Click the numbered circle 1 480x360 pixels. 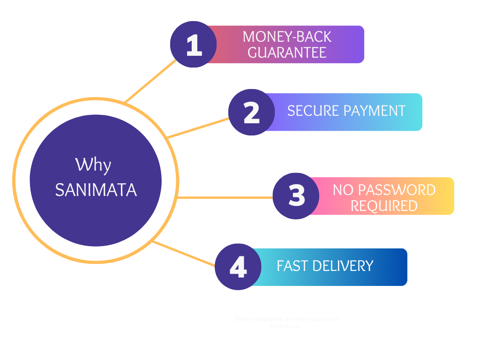(x=193, y=45)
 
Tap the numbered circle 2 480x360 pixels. (x=251, y=112)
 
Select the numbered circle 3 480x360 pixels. (x=296, y=196)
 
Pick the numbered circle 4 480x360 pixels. (x=238, y=267)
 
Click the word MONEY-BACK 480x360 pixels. (x=287, y=37)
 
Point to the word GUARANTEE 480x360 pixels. (x=287, y=52)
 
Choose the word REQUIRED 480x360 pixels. (x=384, y=206)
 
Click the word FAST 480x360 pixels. (x=292, y=266)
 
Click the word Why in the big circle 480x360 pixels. (x=93, y=165)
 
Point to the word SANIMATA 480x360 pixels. (x=96, y=190)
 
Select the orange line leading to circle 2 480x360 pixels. (x=199, y=127)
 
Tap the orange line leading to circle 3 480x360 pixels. (x=225, y=197)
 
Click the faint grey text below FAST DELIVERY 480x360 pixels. (x=286, y=322)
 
